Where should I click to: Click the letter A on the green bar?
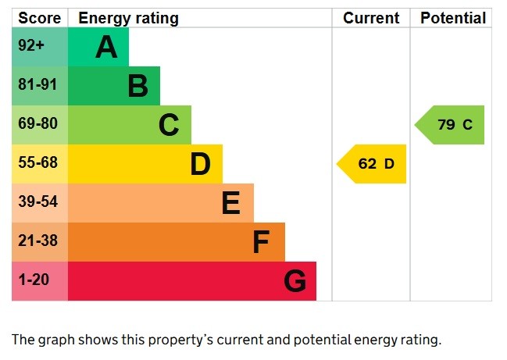106,48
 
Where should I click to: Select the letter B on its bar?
137,86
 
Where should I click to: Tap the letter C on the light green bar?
169,125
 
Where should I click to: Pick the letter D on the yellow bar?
200,164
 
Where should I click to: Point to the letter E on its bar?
230,203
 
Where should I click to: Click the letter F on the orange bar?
261,242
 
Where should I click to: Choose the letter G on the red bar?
295,281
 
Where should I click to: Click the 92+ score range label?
32,46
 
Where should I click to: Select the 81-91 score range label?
37,85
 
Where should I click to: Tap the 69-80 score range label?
37,124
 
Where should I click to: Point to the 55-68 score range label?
37,163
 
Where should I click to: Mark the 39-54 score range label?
37,202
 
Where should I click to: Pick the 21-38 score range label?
37,241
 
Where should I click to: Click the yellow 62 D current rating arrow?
373,164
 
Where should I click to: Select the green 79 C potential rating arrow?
452,125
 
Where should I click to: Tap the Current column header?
371,18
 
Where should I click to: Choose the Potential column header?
453,18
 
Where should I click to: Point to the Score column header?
38,18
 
